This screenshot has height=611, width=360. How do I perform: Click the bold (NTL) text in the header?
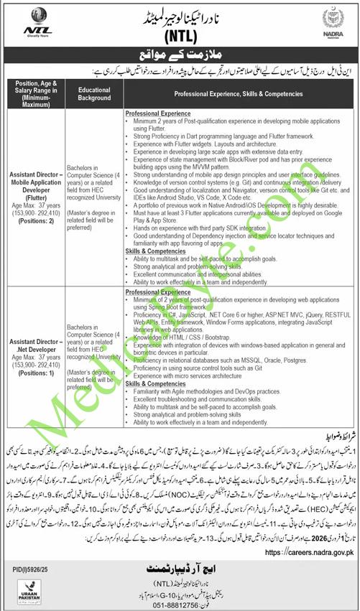tap(180, 37)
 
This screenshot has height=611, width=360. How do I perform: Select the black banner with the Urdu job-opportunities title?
tap(180, 60)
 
